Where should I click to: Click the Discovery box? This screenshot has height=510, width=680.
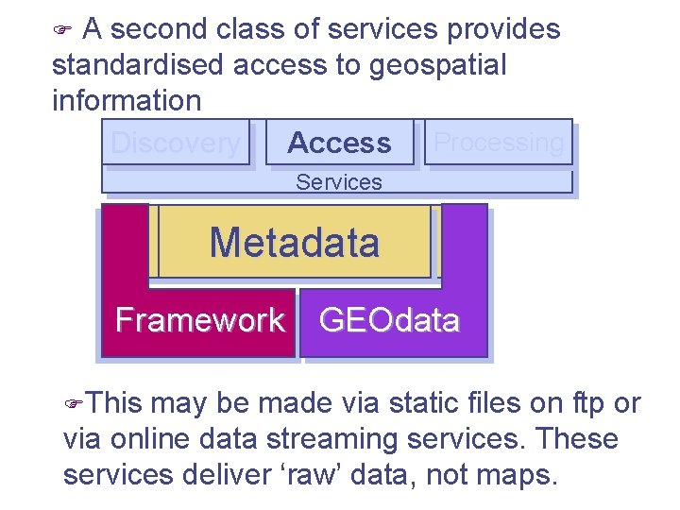click(176, 143)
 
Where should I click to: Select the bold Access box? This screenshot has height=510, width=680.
click(339, 143)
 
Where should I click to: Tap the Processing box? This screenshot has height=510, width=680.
click(499, 142)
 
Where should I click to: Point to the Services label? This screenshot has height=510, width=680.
click(338, 182)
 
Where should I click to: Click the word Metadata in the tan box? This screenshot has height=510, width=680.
click(295, 243)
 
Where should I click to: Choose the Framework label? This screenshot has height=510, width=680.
click(199, 320)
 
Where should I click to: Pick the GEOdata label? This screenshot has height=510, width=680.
click(389, 320)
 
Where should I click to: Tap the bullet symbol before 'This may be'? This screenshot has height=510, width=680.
click(75, 404)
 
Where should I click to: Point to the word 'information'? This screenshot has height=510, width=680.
click(127, 100)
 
